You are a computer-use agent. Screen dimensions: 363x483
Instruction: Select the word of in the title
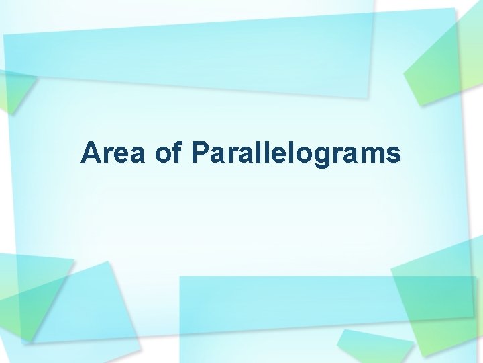[x=168, y=153]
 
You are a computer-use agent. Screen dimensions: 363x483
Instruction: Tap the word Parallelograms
[x=296, y=153]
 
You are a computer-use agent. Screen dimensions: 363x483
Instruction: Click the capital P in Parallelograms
[x=199, y=153]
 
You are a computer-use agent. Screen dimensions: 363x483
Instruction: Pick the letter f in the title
[x=176, y=153]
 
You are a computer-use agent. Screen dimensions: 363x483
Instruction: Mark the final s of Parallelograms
[x=393, y=155]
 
